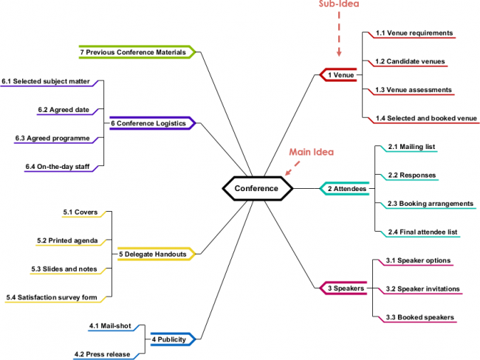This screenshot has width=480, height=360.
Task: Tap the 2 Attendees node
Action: click(346, 189)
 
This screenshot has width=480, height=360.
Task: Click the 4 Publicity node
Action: click(173, 339)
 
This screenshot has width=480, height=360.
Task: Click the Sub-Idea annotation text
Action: click(339, 4)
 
